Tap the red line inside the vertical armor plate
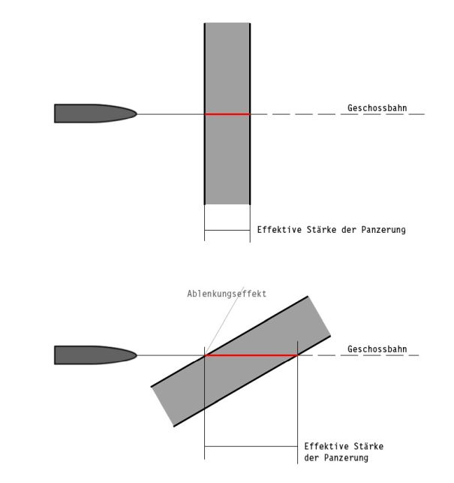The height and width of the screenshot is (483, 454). pos(227,114)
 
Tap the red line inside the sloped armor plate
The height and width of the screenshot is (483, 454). pos(251,355)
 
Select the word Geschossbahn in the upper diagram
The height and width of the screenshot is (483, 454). pos(377,108)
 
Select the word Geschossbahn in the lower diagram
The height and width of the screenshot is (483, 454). pos(377,349)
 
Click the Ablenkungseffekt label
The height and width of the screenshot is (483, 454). pos(227,294)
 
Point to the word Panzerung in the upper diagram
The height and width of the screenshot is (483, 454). pos(383,230)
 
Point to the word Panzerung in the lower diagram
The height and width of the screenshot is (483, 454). pos(346,457)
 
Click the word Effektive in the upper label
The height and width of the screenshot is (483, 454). pos(279,230)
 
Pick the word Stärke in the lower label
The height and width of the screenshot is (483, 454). pos(368,446)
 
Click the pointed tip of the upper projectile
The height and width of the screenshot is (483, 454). pos(137,113)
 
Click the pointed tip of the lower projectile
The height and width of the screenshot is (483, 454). pos(137,355)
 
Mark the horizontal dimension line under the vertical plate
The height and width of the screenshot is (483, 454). pos(227,230)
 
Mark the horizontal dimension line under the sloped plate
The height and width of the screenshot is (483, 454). pos(251,446)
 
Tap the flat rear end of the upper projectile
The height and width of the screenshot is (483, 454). pos(55,113)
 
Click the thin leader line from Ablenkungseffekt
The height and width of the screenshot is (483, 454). pos(224,321)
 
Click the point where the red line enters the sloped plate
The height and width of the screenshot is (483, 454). pos(205,355)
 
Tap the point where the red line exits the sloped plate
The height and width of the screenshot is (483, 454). pos(298,355)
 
